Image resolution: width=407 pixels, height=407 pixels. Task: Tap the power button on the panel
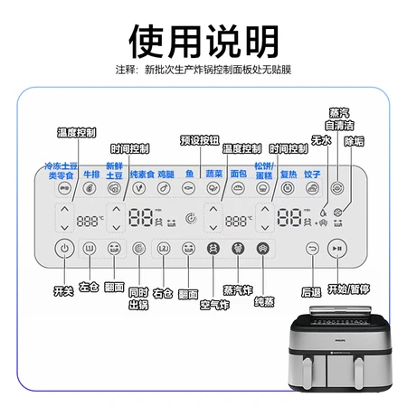point(64,249)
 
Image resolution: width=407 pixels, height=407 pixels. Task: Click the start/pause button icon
point(337,249)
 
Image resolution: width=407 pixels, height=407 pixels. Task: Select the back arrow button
point(312,249)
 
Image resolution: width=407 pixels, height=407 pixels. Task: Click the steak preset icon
point(90,188)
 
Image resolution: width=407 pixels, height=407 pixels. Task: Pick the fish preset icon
point(189,188)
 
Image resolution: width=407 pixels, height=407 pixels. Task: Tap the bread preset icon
point(238,188)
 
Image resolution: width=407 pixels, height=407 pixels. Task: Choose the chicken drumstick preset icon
point(164,188)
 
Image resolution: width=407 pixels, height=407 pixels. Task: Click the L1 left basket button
point(90,249)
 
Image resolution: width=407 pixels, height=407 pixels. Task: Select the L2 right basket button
point(164,249)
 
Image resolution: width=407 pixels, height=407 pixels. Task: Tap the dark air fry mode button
point(213,249)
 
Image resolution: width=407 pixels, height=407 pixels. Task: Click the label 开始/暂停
point(348,289)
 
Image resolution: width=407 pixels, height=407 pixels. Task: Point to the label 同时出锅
point(138,298)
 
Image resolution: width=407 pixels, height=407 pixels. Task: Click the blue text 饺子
point(312,175)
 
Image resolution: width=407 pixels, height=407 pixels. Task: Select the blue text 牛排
point(91,175)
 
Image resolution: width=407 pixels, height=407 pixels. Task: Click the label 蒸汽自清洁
point(339,119)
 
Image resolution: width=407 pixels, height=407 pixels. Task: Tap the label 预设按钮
point(200,140)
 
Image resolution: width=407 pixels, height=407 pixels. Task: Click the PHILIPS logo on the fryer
point(341,340)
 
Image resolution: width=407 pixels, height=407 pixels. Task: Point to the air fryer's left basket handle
point(308,374)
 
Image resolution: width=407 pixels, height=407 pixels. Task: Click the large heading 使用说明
point(203,42)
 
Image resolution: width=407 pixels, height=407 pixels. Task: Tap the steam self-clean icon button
point(337,188)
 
